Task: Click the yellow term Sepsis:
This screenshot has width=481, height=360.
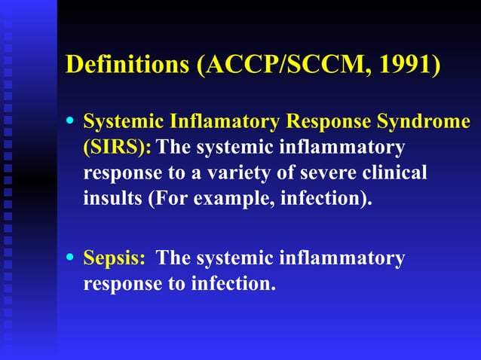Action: (x=114, y=258)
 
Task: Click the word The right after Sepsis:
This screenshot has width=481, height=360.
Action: (x=173, y=258)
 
